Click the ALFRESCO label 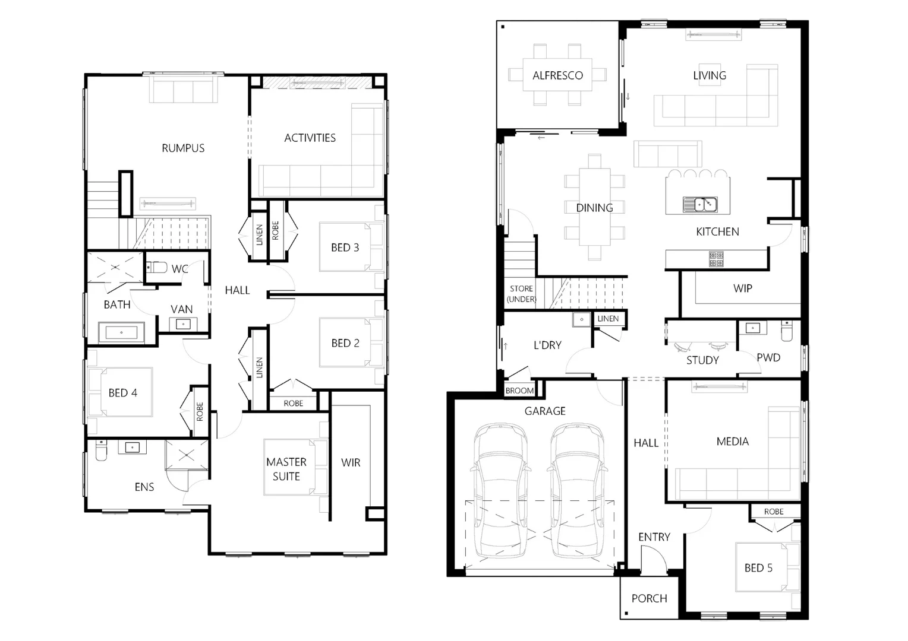point(557,75)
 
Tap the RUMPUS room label point(183,148)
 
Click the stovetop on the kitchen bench point(715,259)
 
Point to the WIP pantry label point(742,288)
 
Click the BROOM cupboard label point(519,391)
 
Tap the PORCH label point(649,598)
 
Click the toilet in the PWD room point(786,330)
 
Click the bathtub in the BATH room point(121,332)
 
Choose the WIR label point(351,462)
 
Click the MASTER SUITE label point(286,469)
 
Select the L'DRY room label point(547,345)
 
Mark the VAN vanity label point(181,309)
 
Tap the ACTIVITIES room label point(310,138)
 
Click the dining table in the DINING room point(595,207)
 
